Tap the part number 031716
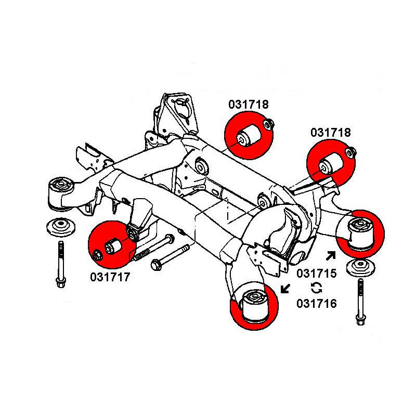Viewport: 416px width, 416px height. pos(316,303)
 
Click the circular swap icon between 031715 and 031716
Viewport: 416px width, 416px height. pos(316,288)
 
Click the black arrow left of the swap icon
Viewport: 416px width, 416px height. pos(285,288)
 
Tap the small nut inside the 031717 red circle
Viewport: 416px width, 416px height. pos(98,255)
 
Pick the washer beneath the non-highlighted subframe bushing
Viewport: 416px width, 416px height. pos(60,228)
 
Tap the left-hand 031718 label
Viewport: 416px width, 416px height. pos(248,105)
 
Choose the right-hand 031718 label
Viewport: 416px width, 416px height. pos(331,133)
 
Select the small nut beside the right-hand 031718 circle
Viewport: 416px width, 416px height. pos(351,152)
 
